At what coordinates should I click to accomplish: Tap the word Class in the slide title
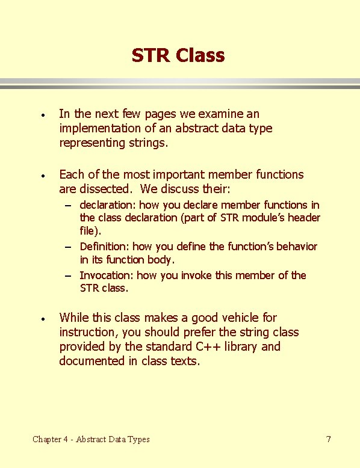(200, 56)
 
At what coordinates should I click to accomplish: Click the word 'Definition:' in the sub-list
(104, 246)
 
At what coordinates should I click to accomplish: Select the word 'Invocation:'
(107, 276)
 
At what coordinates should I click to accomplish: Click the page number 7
(328, 439)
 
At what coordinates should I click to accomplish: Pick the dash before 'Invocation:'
(70, 276)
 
